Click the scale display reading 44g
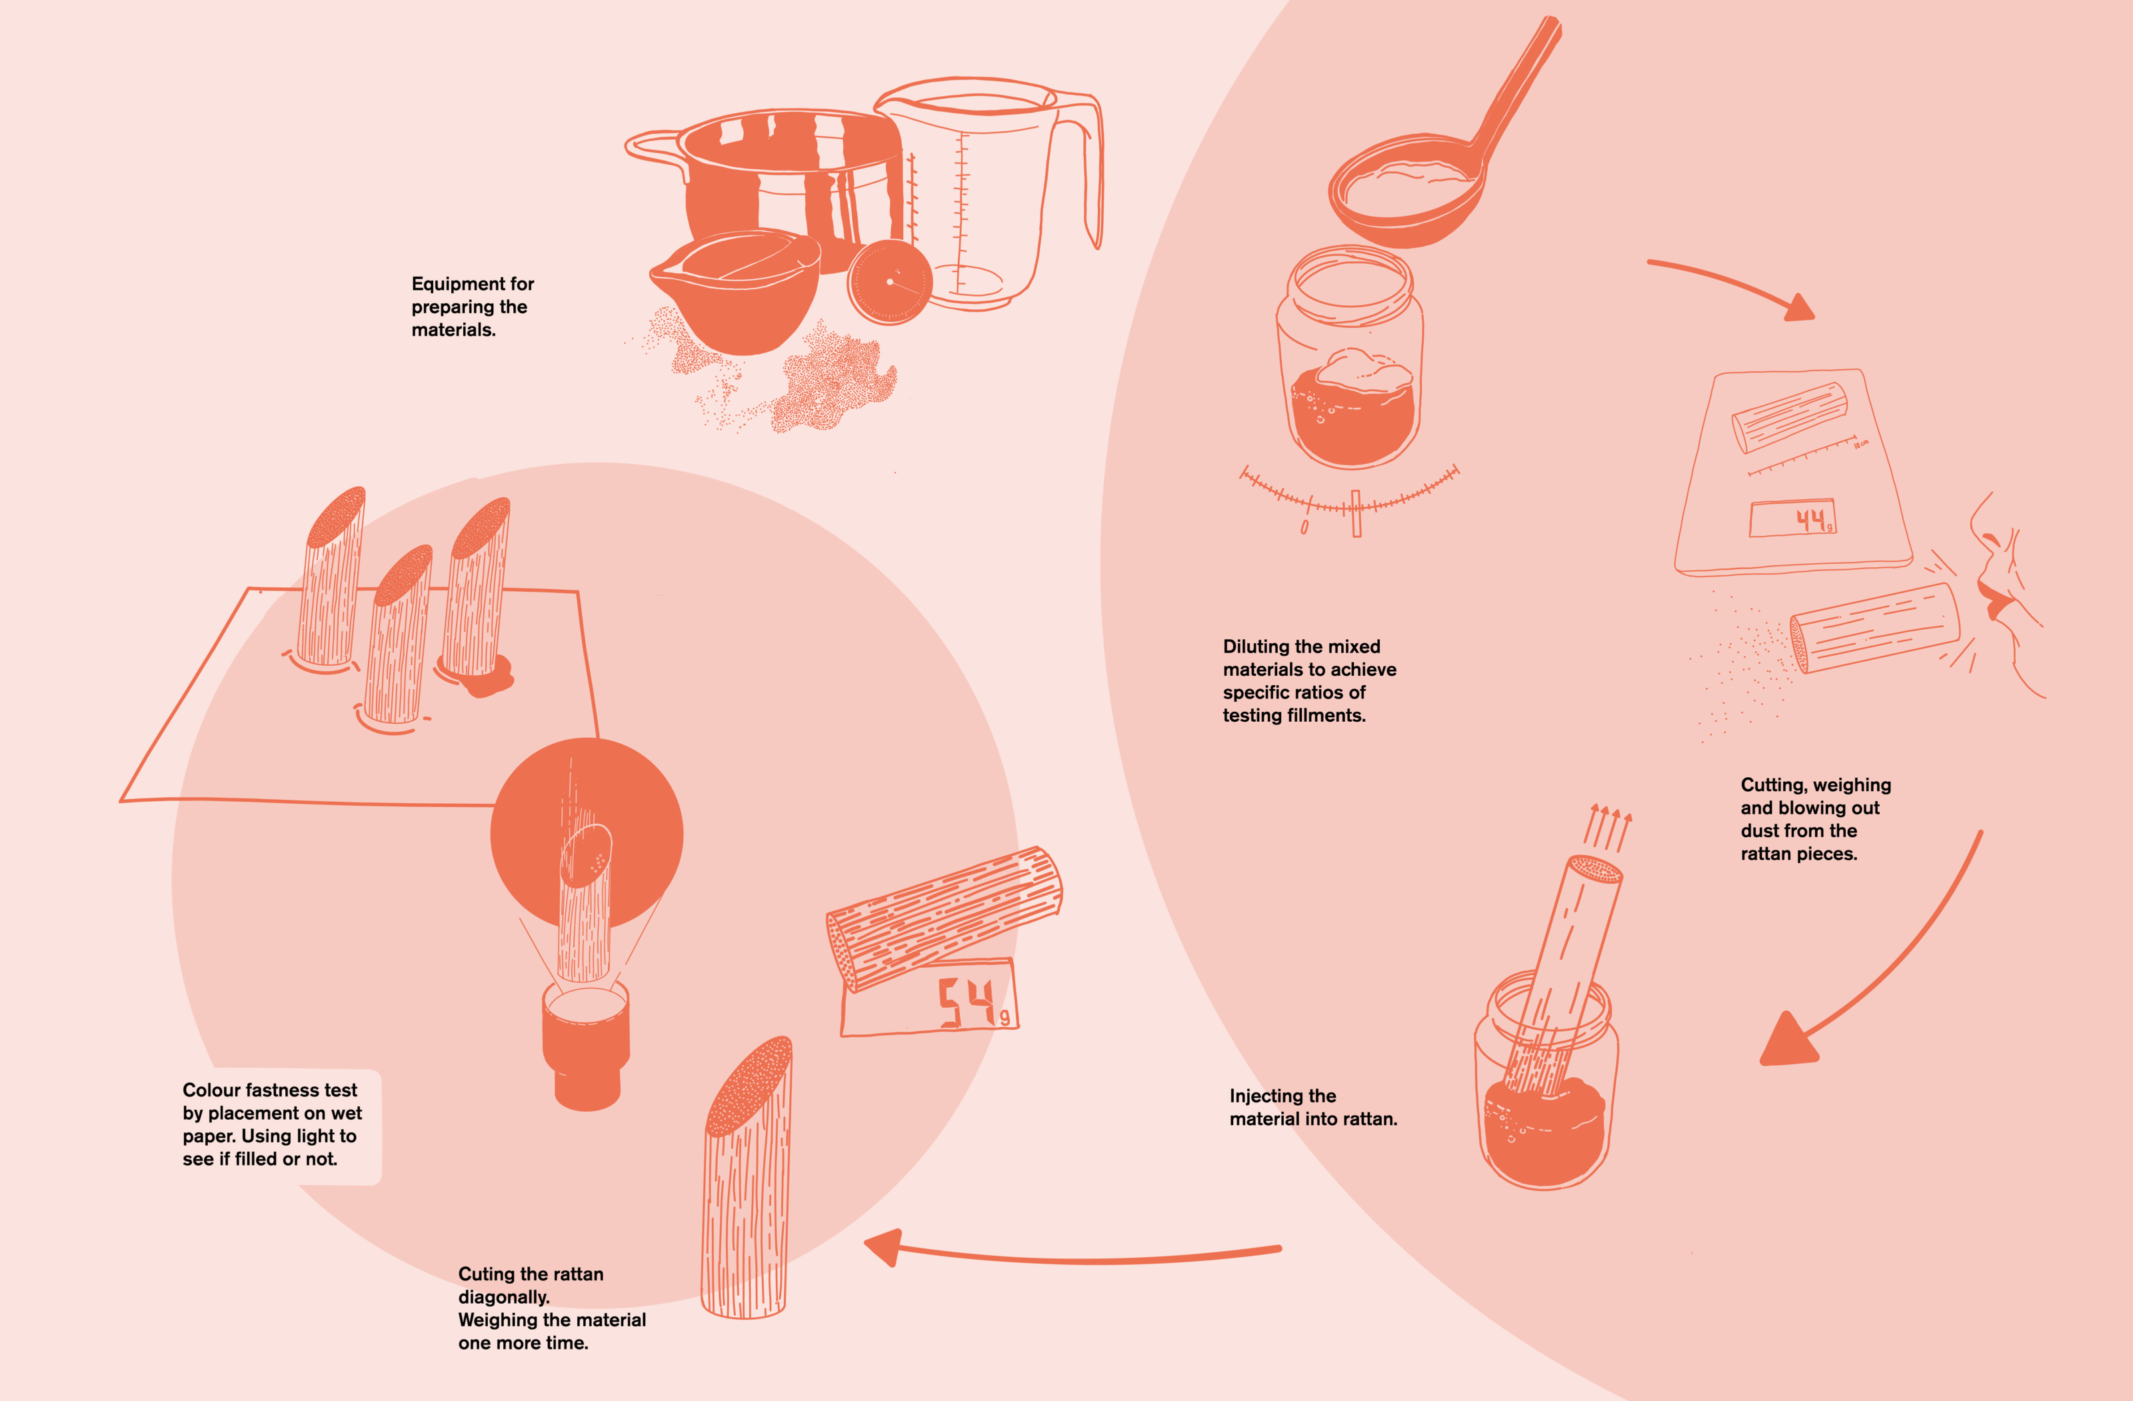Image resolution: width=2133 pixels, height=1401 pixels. point(1792,518)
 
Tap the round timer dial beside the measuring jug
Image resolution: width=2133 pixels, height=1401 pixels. point(889,281)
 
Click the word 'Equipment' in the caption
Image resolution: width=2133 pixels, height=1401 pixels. point(452,283)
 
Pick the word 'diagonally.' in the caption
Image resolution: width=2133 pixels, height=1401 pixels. point(504,1297)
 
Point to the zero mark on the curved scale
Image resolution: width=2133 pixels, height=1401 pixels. point(1305,527)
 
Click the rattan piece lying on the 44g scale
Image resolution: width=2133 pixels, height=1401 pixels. point(1790,416)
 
